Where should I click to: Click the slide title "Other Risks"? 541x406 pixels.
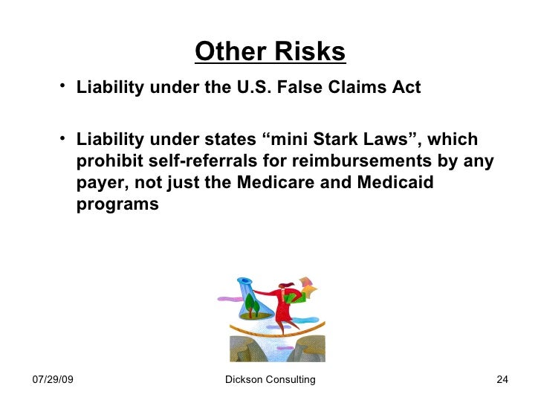(270, 52)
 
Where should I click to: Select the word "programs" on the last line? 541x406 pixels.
(117, 204)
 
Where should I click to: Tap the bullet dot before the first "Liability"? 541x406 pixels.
(64, 88)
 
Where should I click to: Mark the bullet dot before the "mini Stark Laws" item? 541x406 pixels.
(64, 140)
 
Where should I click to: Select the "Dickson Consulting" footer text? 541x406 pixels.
(270, 380)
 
